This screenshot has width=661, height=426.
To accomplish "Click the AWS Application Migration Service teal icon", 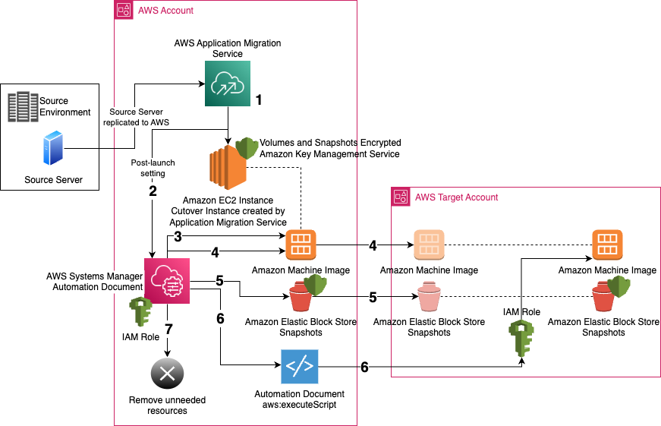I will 228,84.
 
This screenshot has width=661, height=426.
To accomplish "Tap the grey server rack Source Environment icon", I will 23,106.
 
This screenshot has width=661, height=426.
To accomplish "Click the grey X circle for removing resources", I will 167,373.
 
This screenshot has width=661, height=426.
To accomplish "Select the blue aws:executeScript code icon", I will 298,368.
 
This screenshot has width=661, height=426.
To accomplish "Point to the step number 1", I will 259,99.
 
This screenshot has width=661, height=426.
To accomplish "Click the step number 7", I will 169,329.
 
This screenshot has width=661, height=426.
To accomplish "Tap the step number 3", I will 178,236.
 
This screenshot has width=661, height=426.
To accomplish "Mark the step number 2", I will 153,191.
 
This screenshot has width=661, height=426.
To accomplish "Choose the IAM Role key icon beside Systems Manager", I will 142,312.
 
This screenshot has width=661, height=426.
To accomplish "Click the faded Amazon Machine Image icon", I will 429,245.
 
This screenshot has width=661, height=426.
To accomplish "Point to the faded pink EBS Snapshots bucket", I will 429,297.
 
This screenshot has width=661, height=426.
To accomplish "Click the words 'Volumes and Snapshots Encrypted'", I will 330,143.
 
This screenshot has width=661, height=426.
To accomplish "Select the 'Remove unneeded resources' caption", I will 167,405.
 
